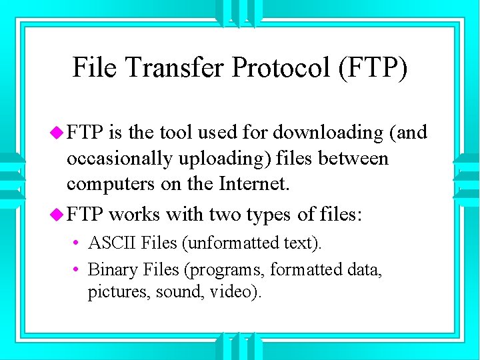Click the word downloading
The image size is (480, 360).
(327, 133)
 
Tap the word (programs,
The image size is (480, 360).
(221, 269)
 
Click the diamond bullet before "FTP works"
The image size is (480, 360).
(58, 215)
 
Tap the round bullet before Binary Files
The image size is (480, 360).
(77, 270)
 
